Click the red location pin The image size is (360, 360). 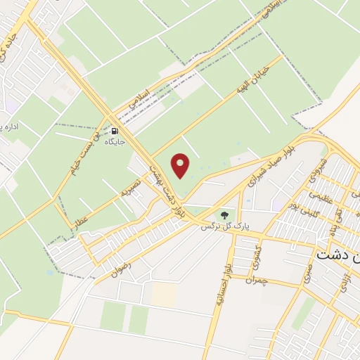pyautogui.click(x=181, y=165)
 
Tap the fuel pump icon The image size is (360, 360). pyautogui.click(x=114, y=131)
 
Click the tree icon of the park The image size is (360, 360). pyautogui.click(x=224, y=214)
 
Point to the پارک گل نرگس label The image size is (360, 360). pyautogui.click(x=225, y=226)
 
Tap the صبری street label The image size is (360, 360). pyautogui.click(x=308, y=274)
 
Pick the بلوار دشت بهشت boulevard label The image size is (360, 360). pyautogui.click(x=165, y=184)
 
